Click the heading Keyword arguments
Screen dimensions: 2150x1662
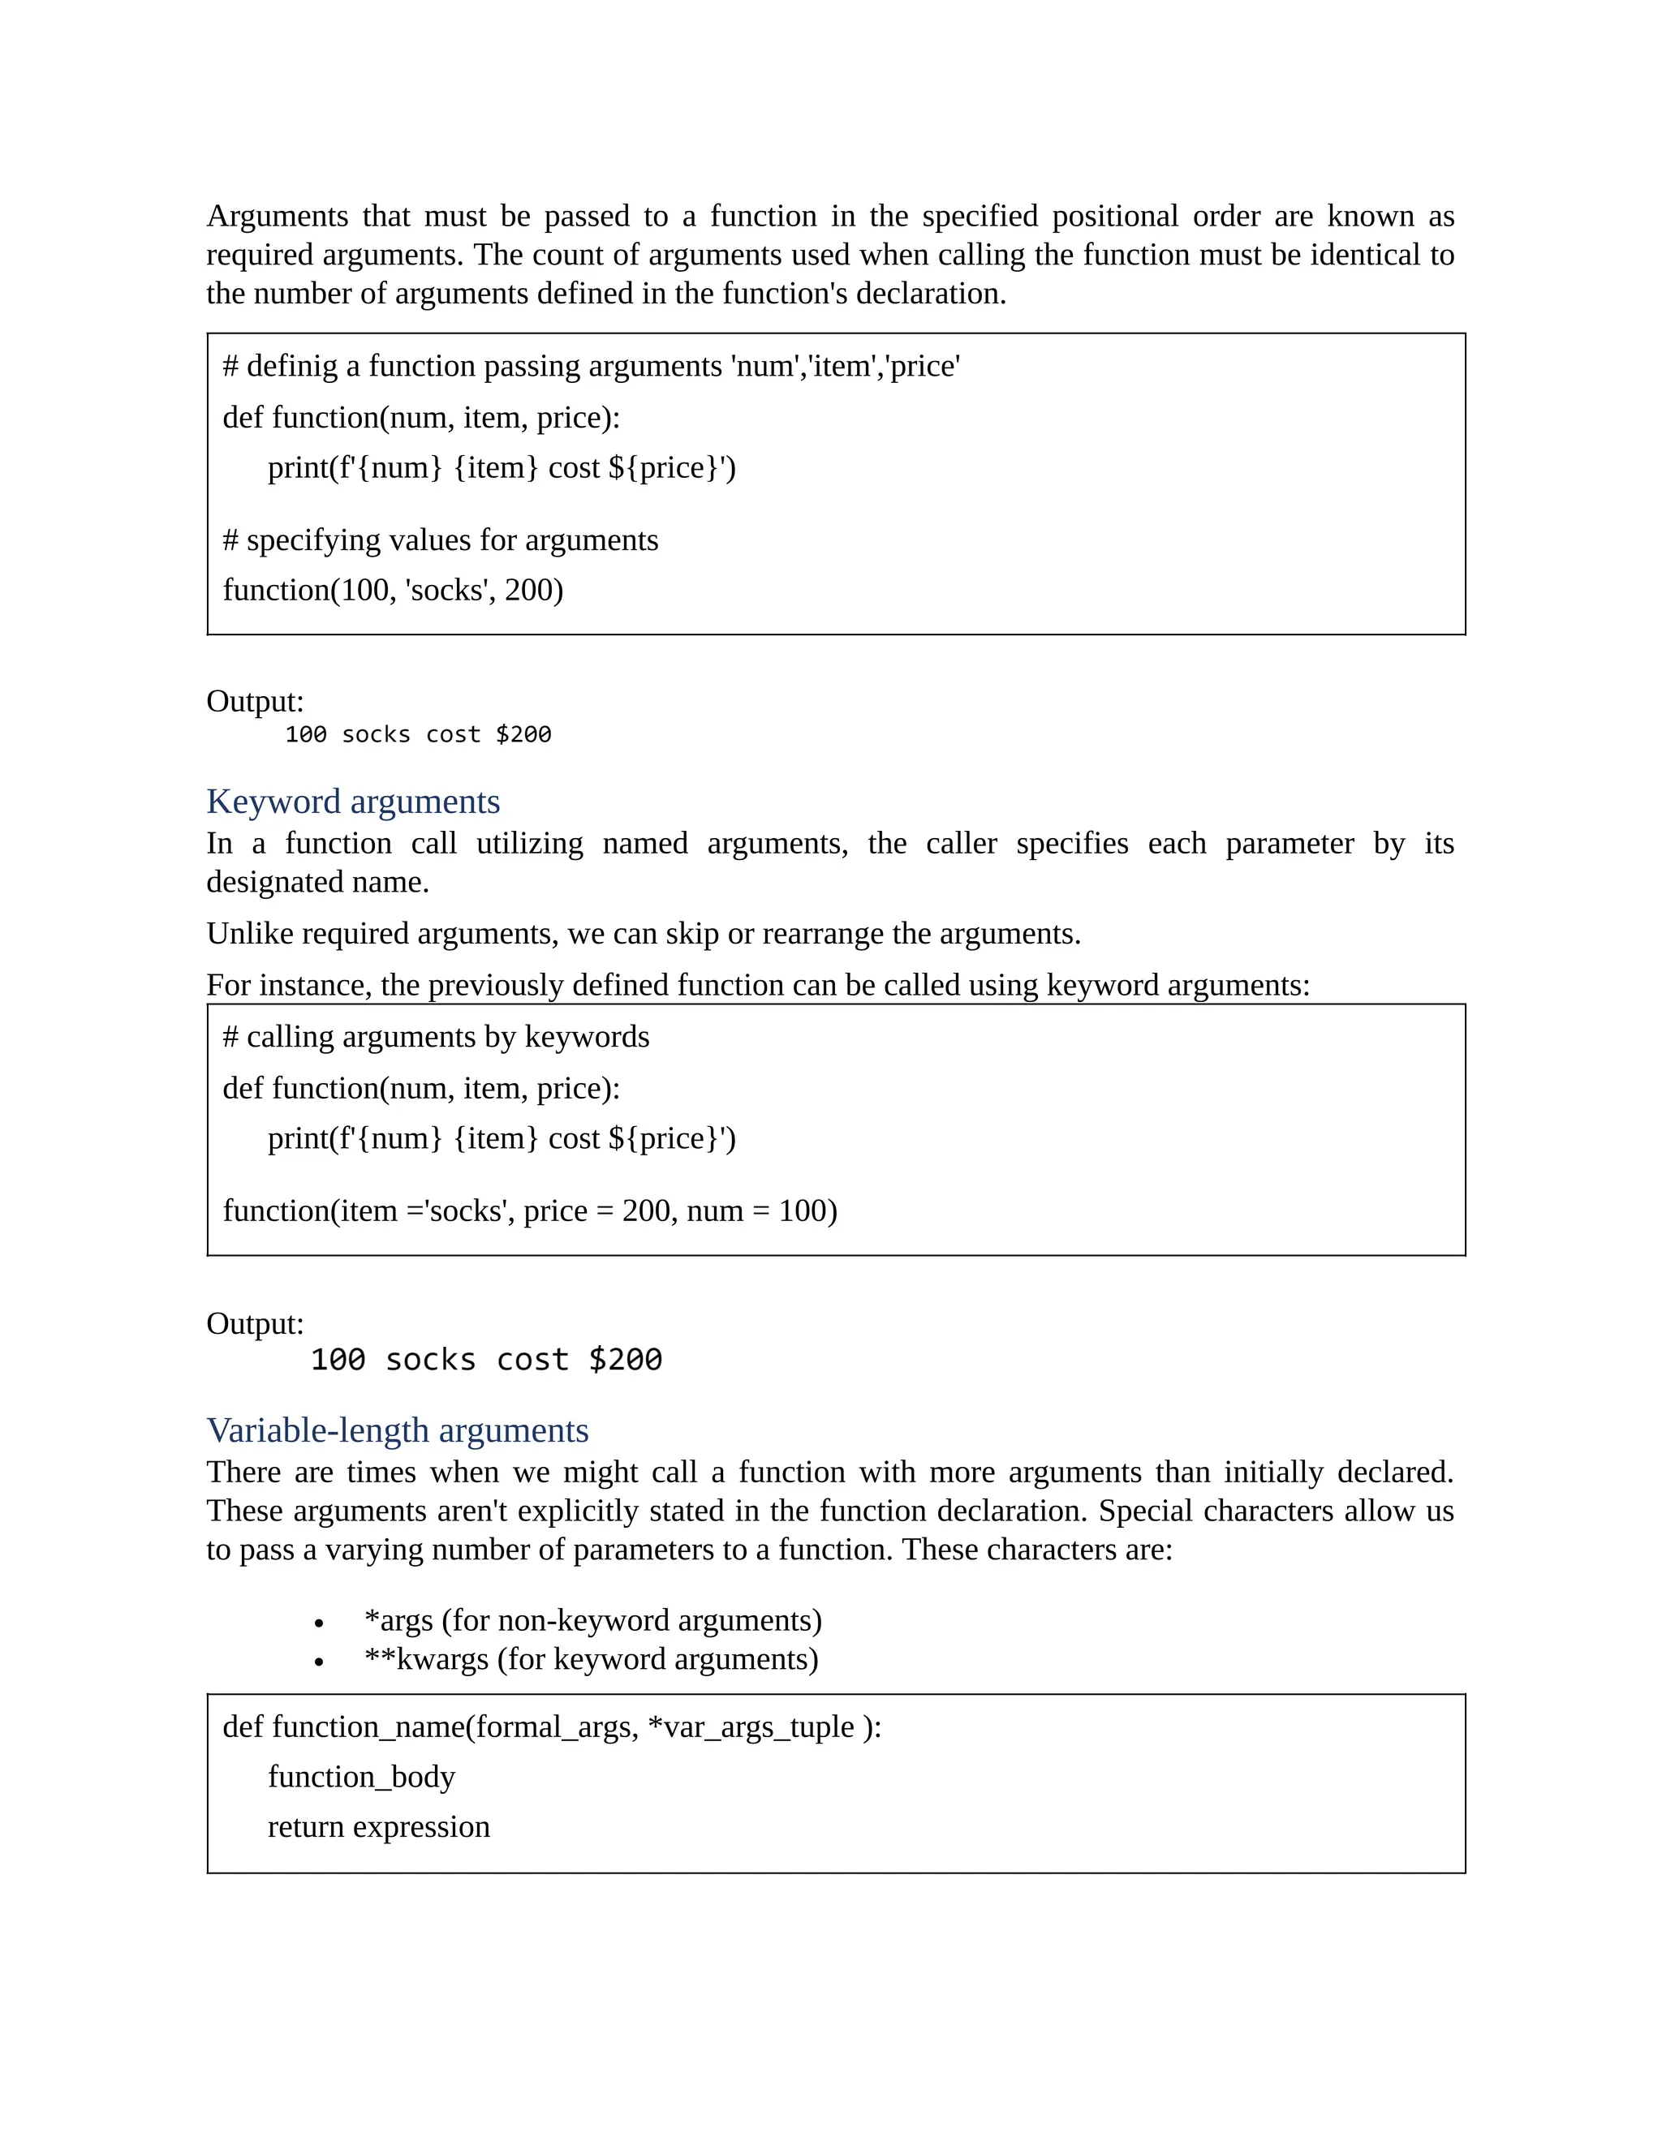tap(352, 802)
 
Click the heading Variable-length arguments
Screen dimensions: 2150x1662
tap(397, 1430)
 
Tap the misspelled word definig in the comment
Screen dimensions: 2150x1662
tap(291, 366)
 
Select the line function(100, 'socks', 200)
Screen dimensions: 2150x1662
tap(393, 590)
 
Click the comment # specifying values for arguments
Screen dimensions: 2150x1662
tap(440, 540)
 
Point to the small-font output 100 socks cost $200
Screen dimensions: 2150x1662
tap(417, 734)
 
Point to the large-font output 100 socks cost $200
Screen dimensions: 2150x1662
tap(486, 1360)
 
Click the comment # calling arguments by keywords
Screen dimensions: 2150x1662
tap(436, 1037)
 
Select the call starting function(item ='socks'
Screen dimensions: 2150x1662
tap(530, 1210)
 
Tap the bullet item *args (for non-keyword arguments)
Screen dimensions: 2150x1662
tap(592, 1620)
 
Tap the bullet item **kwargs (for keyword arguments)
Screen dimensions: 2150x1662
tap(591, 1660)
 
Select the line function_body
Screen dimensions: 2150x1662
tap(361, 1777)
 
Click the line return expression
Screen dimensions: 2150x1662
tap(378, 1827)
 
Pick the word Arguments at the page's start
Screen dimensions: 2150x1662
tap(277, 216)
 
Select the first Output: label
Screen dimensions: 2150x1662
tap(255, 701)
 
